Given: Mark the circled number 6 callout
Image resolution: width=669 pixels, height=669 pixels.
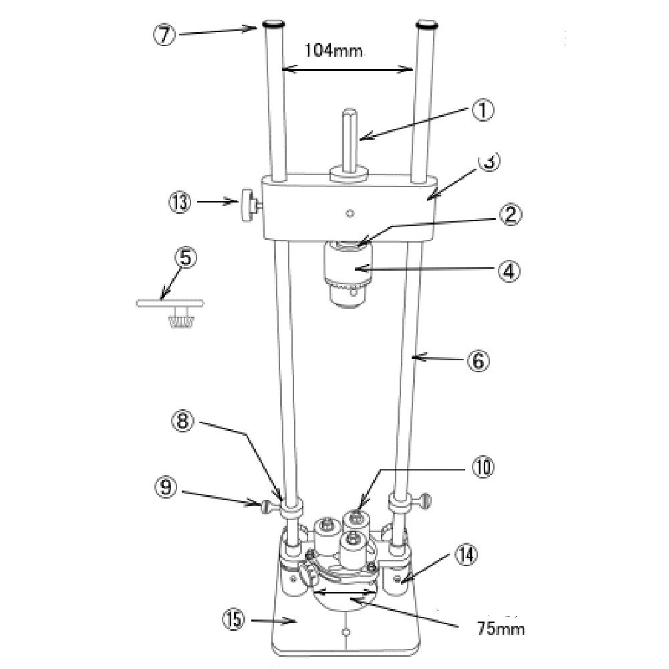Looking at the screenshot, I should coord(479,360).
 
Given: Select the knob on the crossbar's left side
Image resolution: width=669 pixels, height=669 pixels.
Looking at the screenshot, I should coord(249,203).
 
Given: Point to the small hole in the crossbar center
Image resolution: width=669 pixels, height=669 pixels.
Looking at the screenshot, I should coord(349,214).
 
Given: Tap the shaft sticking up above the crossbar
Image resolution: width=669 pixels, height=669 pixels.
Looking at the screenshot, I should coord(349,140).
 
